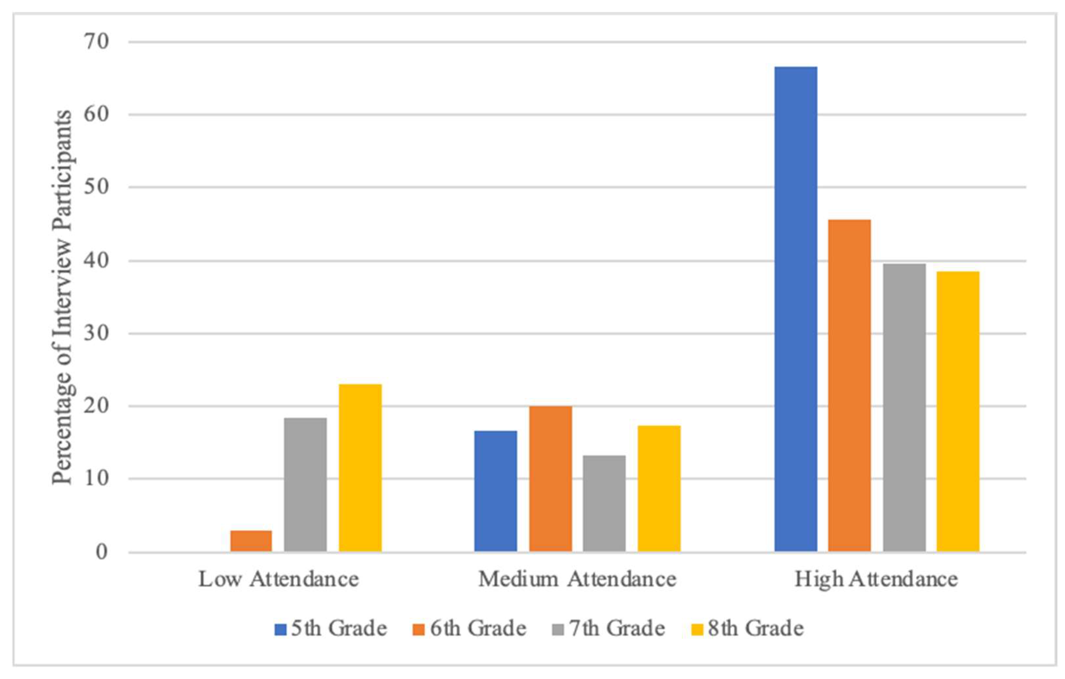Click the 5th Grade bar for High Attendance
pos(796,309)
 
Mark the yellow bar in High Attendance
pos(958,411)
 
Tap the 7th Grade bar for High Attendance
pos(904,408)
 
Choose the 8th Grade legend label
pos(756,629)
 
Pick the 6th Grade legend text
pos(478,629)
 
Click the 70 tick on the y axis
pos(97,42)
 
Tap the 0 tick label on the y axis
pos(102,552)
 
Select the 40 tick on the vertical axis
pos(97,261)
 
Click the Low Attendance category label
pos(279,580)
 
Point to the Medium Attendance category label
pos(577,580)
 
